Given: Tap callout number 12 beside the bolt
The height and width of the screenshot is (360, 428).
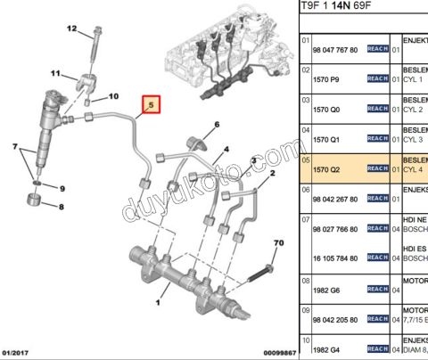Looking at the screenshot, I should tap(72, 30).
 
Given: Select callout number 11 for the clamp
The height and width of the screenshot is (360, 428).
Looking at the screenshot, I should tap(54, 73).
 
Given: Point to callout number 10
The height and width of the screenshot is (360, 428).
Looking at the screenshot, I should tap(112, 95).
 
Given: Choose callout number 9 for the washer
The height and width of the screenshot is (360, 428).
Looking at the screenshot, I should tap(62, 189).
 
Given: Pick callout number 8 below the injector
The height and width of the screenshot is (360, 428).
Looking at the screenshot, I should tap(61, 207).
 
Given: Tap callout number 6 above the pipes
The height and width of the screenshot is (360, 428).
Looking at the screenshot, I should tap(216, 124).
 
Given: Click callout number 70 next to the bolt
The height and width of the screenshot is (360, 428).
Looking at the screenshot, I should tap(277, 242).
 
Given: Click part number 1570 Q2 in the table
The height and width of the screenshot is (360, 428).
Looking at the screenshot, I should tap(326, 168).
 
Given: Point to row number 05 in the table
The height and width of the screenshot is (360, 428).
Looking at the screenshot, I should tap(305, 161).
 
